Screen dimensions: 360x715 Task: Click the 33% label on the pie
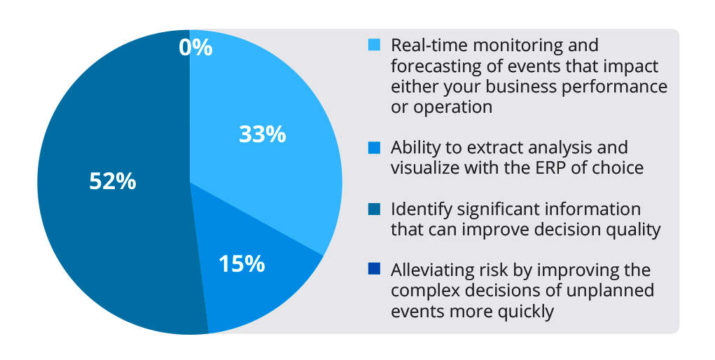[x=262, y=134]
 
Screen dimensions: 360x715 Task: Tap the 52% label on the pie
[x=112, y=181]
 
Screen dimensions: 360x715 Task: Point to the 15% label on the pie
[x=242, y=264]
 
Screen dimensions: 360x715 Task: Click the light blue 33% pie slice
[x=280, y=175]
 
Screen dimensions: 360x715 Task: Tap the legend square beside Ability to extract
[x=375, y=148]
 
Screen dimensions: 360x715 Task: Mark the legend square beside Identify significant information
[x=375, y=209]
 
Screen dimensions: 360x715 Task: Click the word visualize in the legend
[x=427, y=169]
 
